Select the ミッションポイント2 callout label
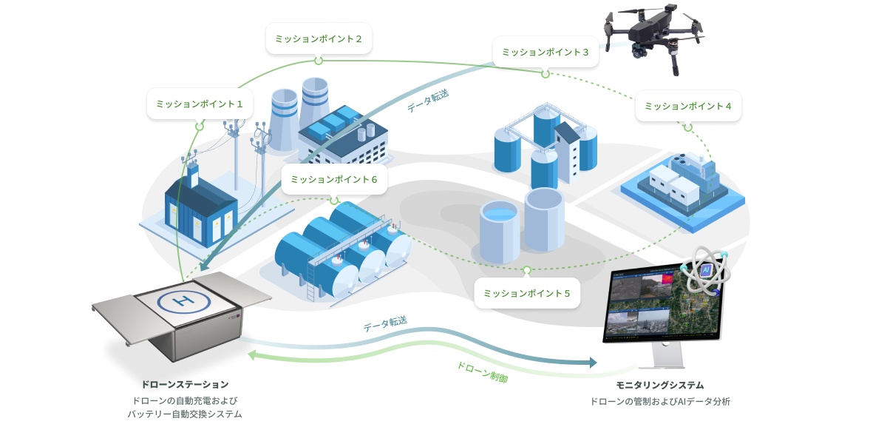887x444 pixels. click(x=319, y=38)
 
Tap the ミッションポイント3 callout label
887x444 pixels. click(x=546, y=52)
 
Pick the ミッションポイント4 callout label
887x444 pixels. click(x=688, y=106)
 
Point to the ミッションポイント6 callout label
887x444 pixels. click(x=334, y=179)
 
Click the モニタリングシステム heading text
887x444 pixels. click(x=660, y=386)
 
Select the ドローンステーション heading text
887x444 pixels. click(x=184, y=385)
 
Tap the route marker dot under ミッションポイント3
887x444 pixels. click(x=546, y=73)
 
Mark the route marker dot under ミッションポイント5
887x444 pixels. click(x=527, y=270)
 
